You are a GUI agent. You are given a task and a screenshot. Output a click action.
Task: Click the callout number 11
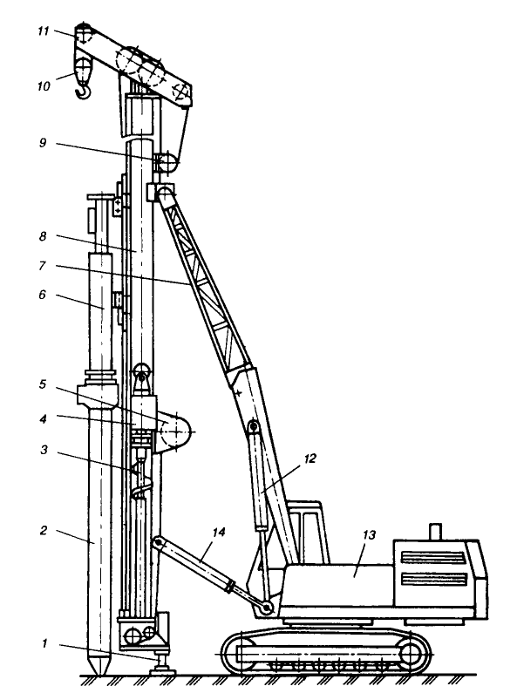43,31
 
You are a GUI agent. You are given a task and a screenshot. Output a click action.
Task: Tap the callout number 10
44,85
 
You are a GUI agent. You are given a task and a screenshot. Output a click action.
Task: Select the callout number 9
43,143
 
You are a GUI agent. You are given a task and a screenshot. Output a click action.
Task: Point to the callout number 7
43,266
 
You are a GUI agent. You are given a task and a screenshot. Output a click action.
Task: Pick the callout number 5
43,384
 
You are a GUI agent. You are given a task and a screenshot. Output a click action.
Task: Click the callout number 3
44,451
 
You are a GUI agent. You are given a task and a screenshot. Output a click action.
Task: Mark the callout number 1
44,643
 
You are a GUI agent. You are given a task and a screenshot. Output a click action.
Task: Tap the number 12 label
310,459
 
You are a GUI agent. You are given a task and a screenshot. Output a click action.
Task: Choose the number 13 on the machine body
369,535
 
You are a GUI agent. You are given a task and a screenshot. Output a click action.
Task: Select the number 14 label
219,532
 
